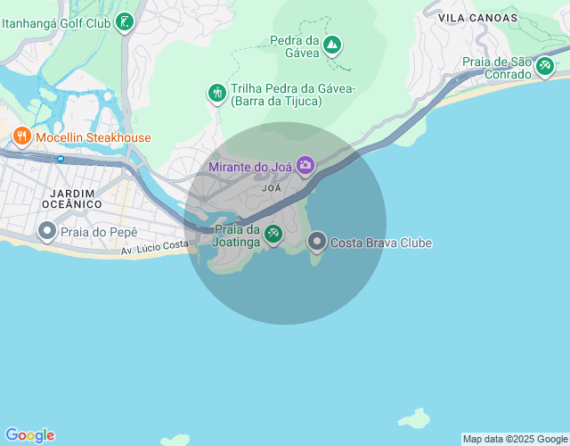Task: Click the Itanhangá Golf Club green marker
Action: tap(126, 22)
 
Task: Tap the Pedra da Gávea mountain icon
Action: tap(332, 45)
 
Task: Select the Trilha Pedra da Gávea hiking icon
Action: tap(216, 93)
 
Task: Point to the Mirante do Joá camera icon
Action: tap(305, 165)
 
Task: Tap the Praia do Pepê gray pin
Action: tap(46, 232)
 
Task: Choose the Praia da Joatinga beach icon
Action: tap(273, 235)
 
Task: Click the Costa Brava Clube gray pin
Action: tap(317, 242)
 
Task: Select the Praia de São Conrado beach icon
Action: tap(544, 68)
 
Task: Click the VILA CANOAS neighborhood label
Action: tap(477, 17)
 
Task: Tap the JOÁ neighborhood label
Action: tap(272, 188)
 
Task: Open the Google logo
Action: tap(29, 435)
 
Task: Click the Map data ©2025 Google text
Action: tap(515, 439)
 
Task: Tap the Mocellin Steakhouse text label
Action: tap(93, 137)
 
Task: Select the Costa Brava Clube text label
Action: tap(380, 243)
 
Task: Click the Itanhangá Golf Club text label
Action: tap(56, 23)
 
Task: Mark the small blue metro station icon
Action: tap(60, 159)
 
